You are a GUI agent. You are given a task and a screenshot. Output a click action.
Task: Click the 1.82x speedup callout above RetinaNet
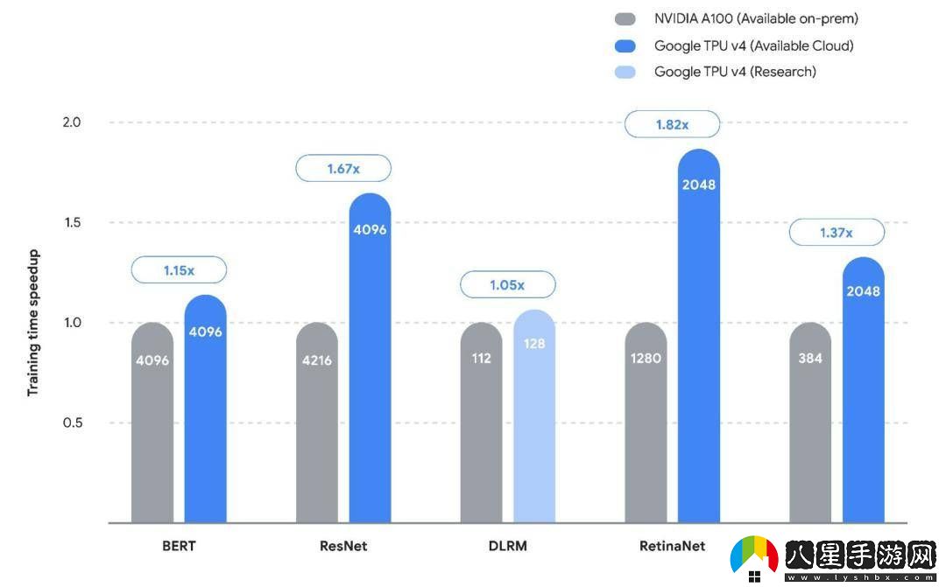672,124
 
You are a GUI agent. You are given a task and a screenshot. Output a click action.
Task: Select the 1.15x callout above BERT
179,270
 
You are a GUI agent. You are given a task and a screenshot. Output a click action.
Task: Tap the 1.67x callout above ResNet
343,168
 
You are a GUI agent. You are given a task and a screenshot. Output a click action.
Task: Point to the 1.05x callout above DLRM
508,284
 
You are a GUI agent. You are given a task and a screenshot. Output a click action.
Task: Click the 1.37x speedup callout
837,233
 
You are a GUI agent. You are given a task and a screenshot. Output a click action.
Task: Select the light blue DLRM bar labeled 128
534,420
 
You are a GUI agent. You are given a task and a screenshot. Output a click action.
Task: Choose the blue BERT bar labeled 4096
206,411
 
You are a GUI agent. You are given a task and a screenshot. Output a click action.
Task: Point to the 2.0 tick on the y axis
72,122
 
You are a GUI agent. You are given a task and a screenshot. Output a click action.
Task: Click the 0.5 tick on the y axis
72,423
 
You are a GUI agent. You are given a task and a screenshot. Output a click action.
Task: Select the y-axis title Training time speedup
33,323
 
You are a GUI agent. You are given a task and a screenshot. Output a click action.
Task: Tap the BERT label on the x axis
179,546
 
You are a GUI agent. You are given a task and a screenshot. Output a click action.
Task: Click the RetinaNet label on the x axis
672,546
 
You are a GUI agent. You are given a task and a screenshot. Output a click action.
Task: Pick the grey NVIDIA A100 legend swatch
625,19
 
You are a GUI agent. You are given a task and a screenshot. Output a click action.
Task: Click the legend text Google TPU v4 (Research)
735,72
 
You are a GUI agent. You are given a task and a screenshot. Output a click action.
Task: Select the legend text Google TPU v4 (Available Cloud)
753,45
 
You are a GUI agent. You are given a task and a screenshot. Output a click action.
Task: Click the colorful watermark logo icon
754,557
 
